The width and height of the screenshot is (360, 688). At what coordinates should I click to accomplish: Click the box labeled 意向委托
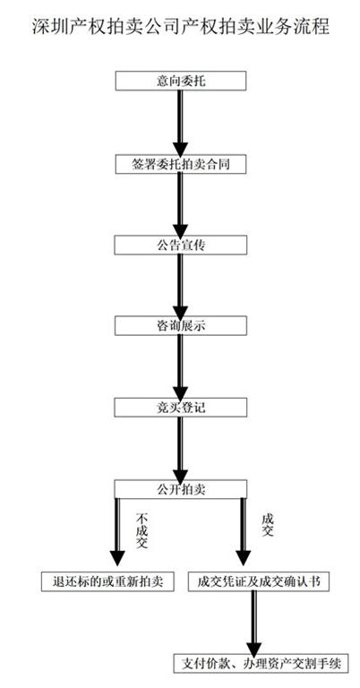[181, 82]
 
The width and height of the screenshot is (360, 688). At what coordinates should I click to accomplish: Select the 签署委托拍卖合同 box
[181, 164]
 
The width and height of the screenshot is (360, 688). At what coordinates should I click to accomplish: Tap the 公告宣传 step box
[181, 245]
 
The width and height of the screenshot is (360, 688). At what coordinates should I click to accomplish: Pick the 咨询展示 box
[181, 325]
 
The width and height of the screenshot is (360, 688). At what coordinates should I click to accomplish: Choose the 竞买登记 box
[181, 408]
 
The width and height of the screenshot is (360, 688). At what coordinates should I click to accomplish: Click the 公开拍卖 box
[181, 489]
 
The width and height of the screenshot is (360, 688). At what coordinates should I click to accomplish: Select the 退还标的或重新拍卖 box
[107, 581]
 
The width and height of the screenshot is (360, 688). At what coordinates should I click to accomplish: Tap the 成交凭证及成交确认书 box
[259, 581]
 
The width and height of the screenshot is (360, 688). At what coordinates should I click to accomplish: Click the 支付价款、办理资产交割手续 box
[261, 663]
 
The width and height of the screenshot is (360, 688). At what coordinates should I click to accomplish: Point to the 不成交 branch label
[141, 530]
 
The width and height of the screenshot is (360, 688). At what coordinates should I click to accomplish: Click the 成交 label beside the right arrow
[268, 525]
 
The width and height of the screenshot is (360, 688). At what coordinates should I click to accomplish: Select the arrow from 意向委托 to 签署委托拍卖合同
[180, 123]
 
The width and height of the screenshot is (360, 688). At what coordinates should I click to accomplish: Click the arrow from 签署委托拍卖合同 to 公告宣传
[180, 205]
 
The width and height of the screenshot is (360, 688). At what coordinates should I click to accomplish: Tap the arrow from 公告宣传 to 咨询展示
[180, 286]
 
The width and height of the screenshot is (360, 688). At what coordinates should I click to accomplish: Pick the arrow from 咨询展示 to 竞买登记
[180, 366]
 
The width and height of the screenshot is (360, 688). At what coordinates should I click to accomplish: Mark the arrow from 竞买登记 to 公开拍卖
[180, 449]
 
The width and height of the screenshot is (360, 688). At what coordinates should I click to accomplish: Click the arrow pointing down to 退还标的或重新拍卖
[117, 532]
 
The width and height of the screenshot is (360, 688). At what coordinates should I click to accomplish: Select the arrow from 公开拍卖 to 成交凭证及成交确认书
[243, 532]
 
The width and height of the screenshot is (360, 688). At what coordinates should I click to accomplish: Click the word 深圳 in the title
[47, 27]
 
